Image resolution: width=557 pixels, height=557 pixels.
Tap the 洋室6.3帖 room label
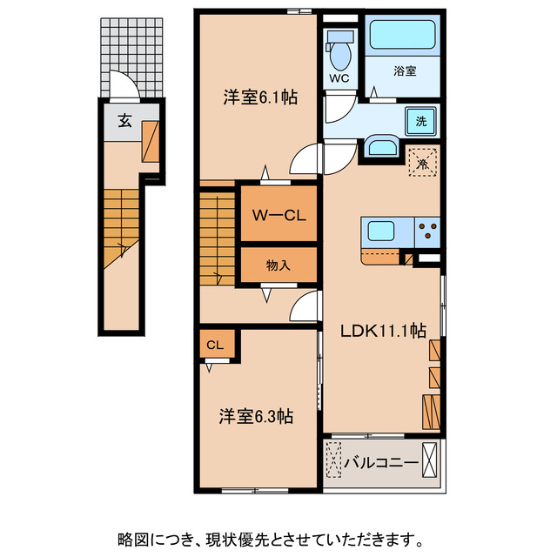pyautogui.click(x=255, y=417)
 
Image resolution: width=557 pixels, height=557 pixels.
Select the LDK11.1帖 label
pyautogui.click(x=383, y=331)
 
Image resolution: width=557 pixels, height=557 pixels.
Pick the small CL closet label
pyautogui.click(x=215, y=345)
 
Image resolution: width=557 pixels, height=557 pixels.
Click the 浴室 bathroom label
pyautogui.click(x=403, y=71)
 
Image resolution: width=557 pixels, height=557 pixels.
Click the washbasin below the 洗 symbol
pyautogui.click(x=380, y=145)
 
